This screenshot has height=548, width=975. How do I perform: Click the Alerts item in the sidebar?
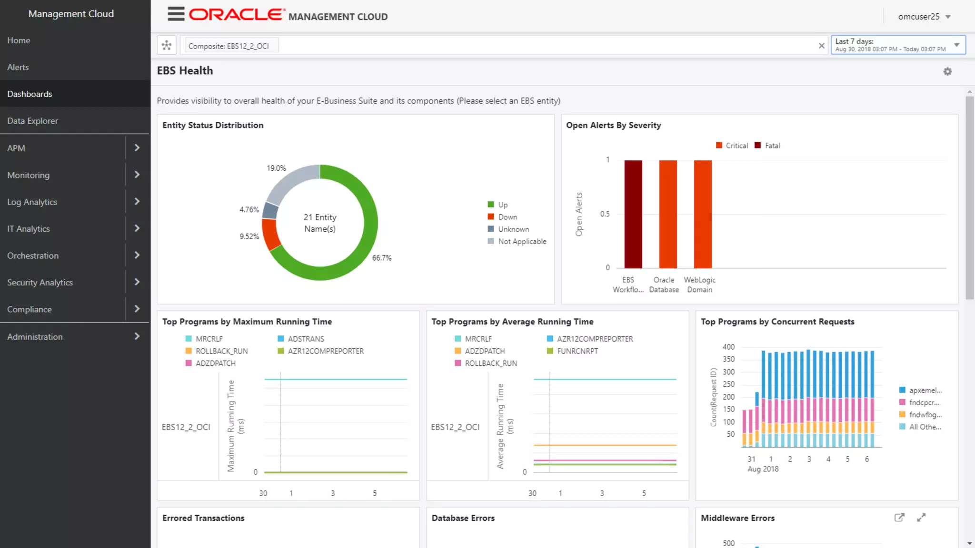tap(18, 67)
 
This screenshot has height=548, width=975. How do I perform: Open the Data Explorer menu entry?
tap(32, 121)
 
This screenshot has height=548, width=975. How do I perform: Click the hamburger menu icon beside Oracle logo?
tap(176, 14)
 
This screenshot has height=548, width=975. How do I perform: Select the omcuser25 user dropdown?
tap(924, 17)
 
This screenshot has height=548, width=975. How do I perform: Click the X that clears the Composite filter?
tap(821, 46)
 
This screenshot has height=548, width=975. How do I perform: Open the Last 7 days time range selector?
tap(897, 45)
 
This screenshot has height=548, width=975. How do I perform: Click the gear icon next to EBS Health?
tap(947, 71)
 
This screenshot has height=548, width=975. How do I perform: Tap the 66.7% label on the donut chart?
tap(382, 258)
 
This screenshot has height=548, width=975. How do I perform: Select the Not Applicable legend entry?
tap(522, 242)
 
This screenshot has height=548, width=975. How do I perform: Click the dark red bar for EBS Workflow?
tap(633, 214)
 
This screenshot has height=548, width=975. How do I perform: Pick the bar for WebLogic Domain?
tap(703, 214)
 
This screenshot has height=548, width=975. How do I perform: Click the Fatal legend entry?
tap(772, 146)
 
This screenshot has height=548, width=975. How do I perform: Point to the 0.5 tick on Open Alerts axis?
tap(605, 214)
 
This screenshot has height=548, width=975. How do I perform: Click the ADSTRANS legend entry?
tap(306, 339)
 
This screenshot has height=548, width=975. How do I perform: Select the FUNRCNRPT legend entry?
tap(577, 351)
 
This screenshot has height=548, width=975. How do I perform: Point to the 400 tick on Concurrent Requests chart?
tap(728, 347)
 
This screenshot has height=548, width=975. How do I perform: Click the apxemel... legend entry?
tap(925, 390)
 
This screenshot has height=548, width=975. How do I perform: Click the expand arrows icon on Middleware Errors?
tap(921, 518)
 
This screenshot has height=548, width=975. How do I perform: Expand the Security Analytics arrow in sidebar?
tap(137, 282)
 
